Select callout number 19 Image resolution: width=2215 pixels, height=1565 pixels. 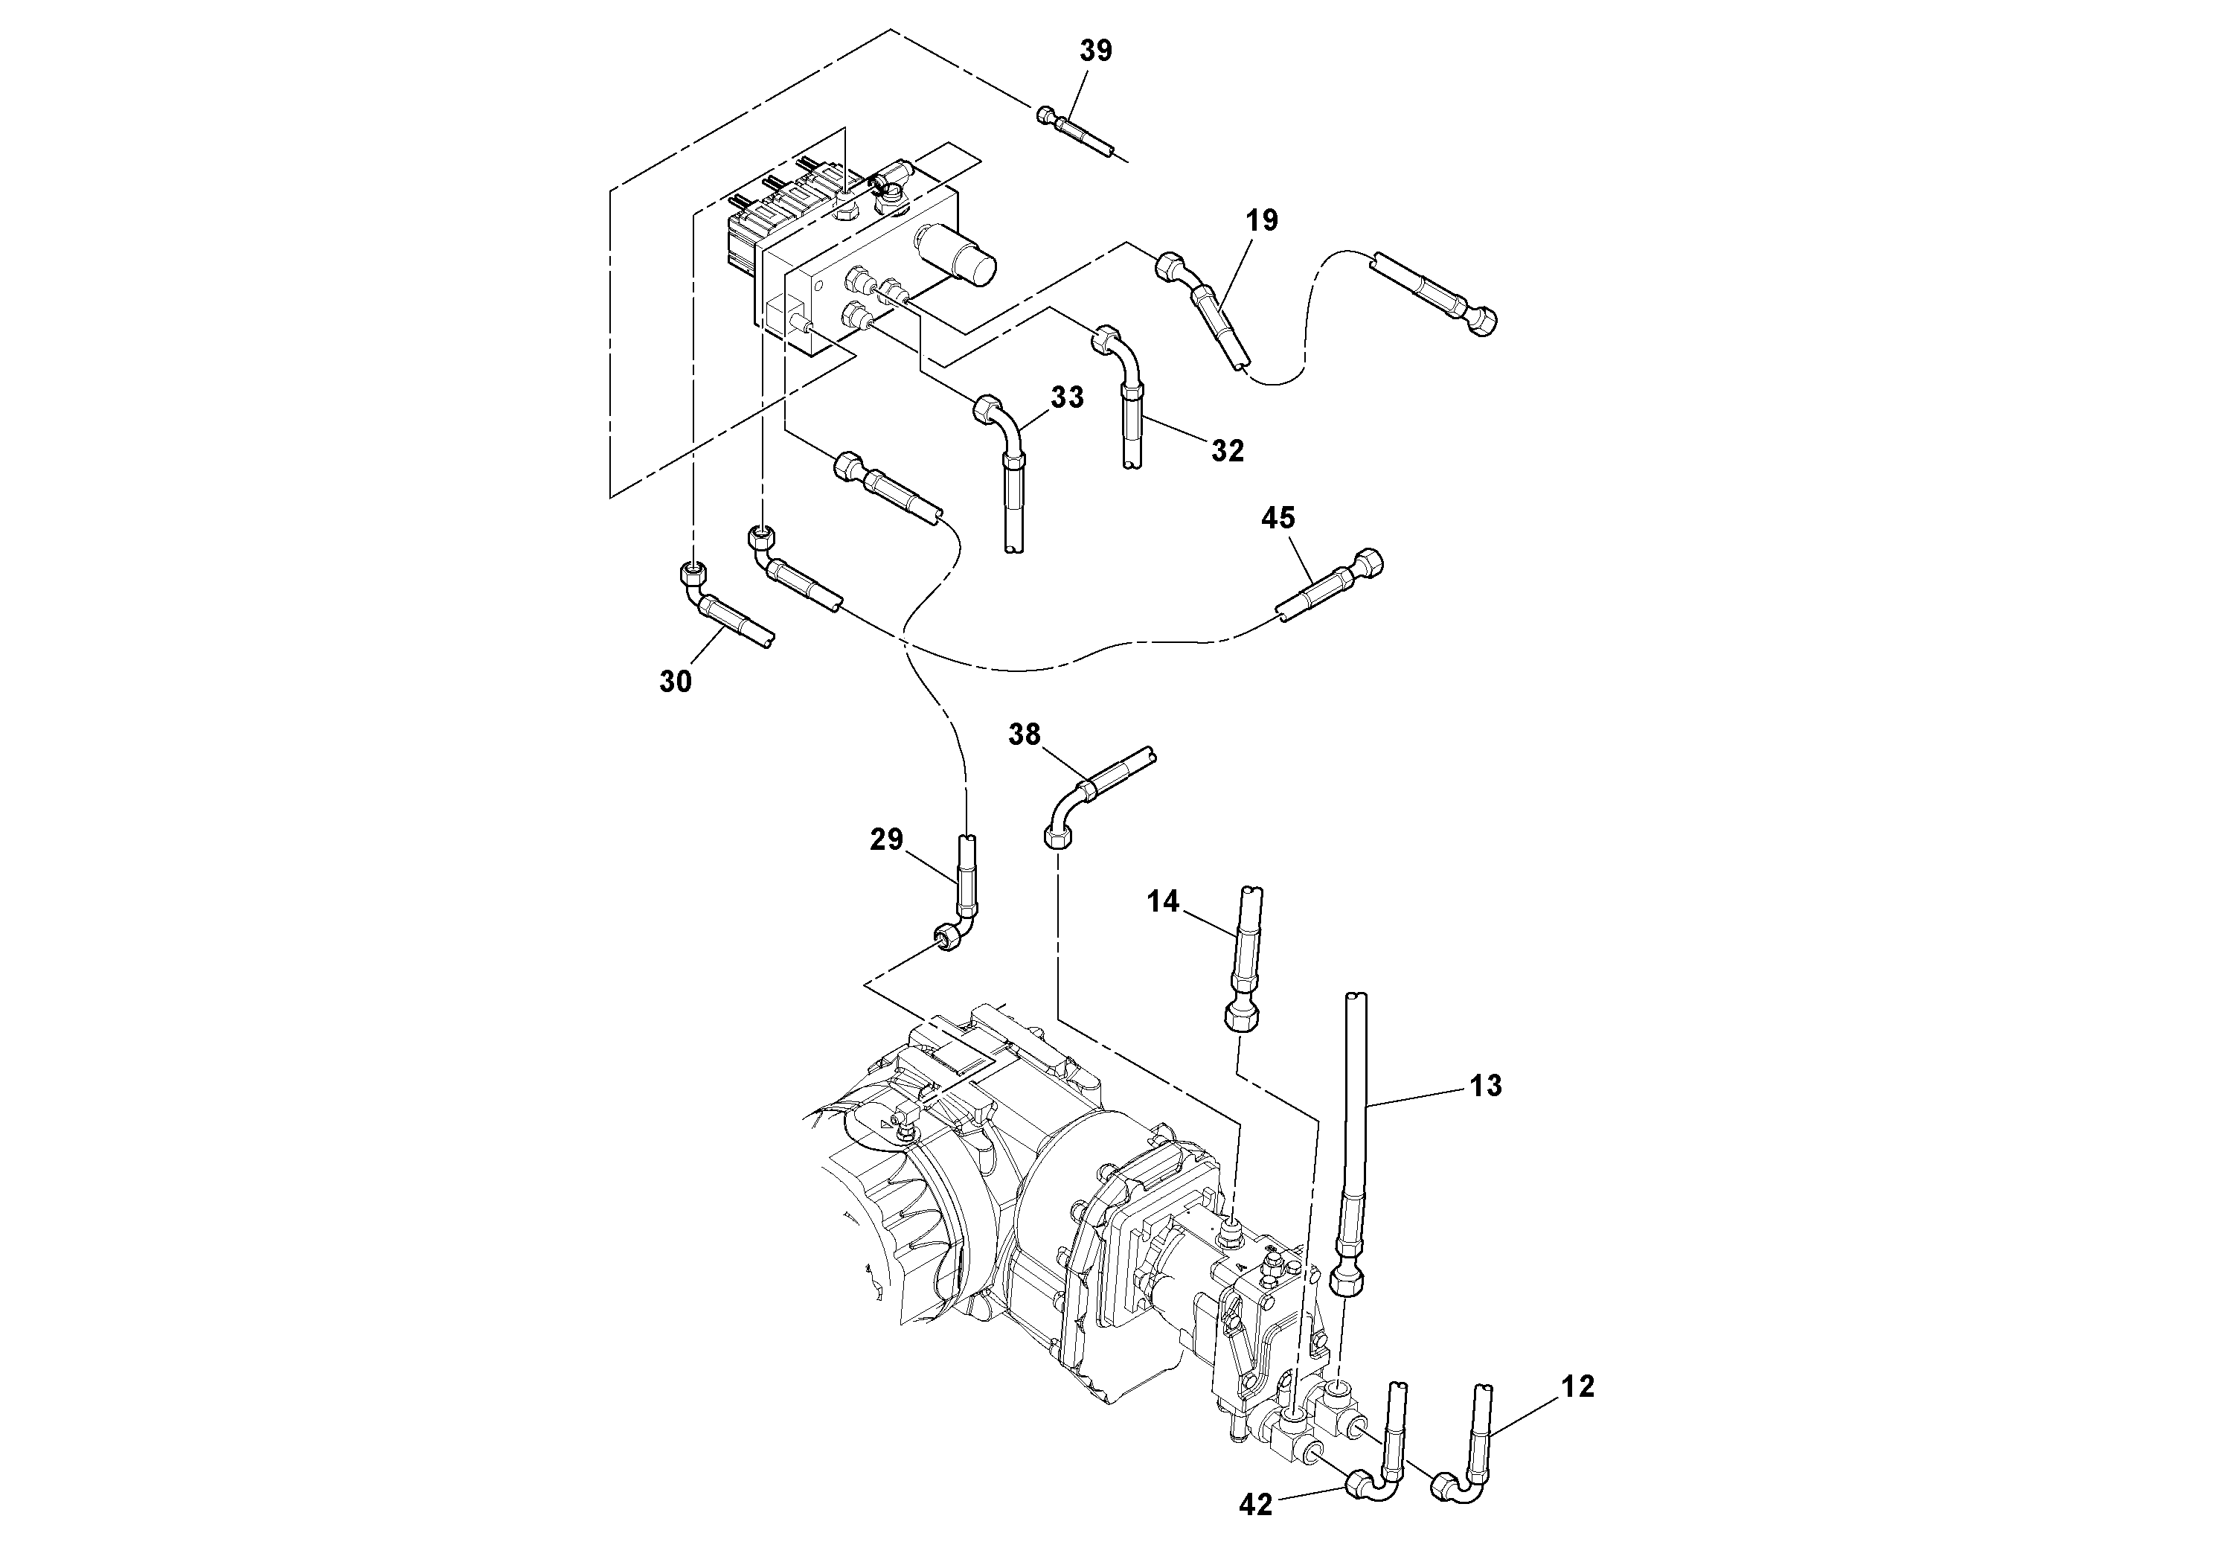1261,221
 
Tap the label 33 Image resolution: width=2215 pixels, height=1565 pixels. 1067,397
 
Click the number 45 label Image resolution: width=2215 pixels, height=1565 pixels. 1278,518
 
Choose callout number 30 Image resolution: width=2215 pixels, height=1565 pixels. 676,681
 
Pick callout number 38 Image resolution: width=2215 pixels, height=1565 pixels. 1024,735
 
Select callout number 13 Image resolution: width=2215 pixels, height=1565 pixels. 1486,1086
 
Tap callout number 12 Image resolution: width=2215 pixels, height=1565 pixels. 1578,1386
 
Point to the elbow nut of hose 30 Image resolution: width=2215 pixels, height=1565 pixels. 690,576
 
